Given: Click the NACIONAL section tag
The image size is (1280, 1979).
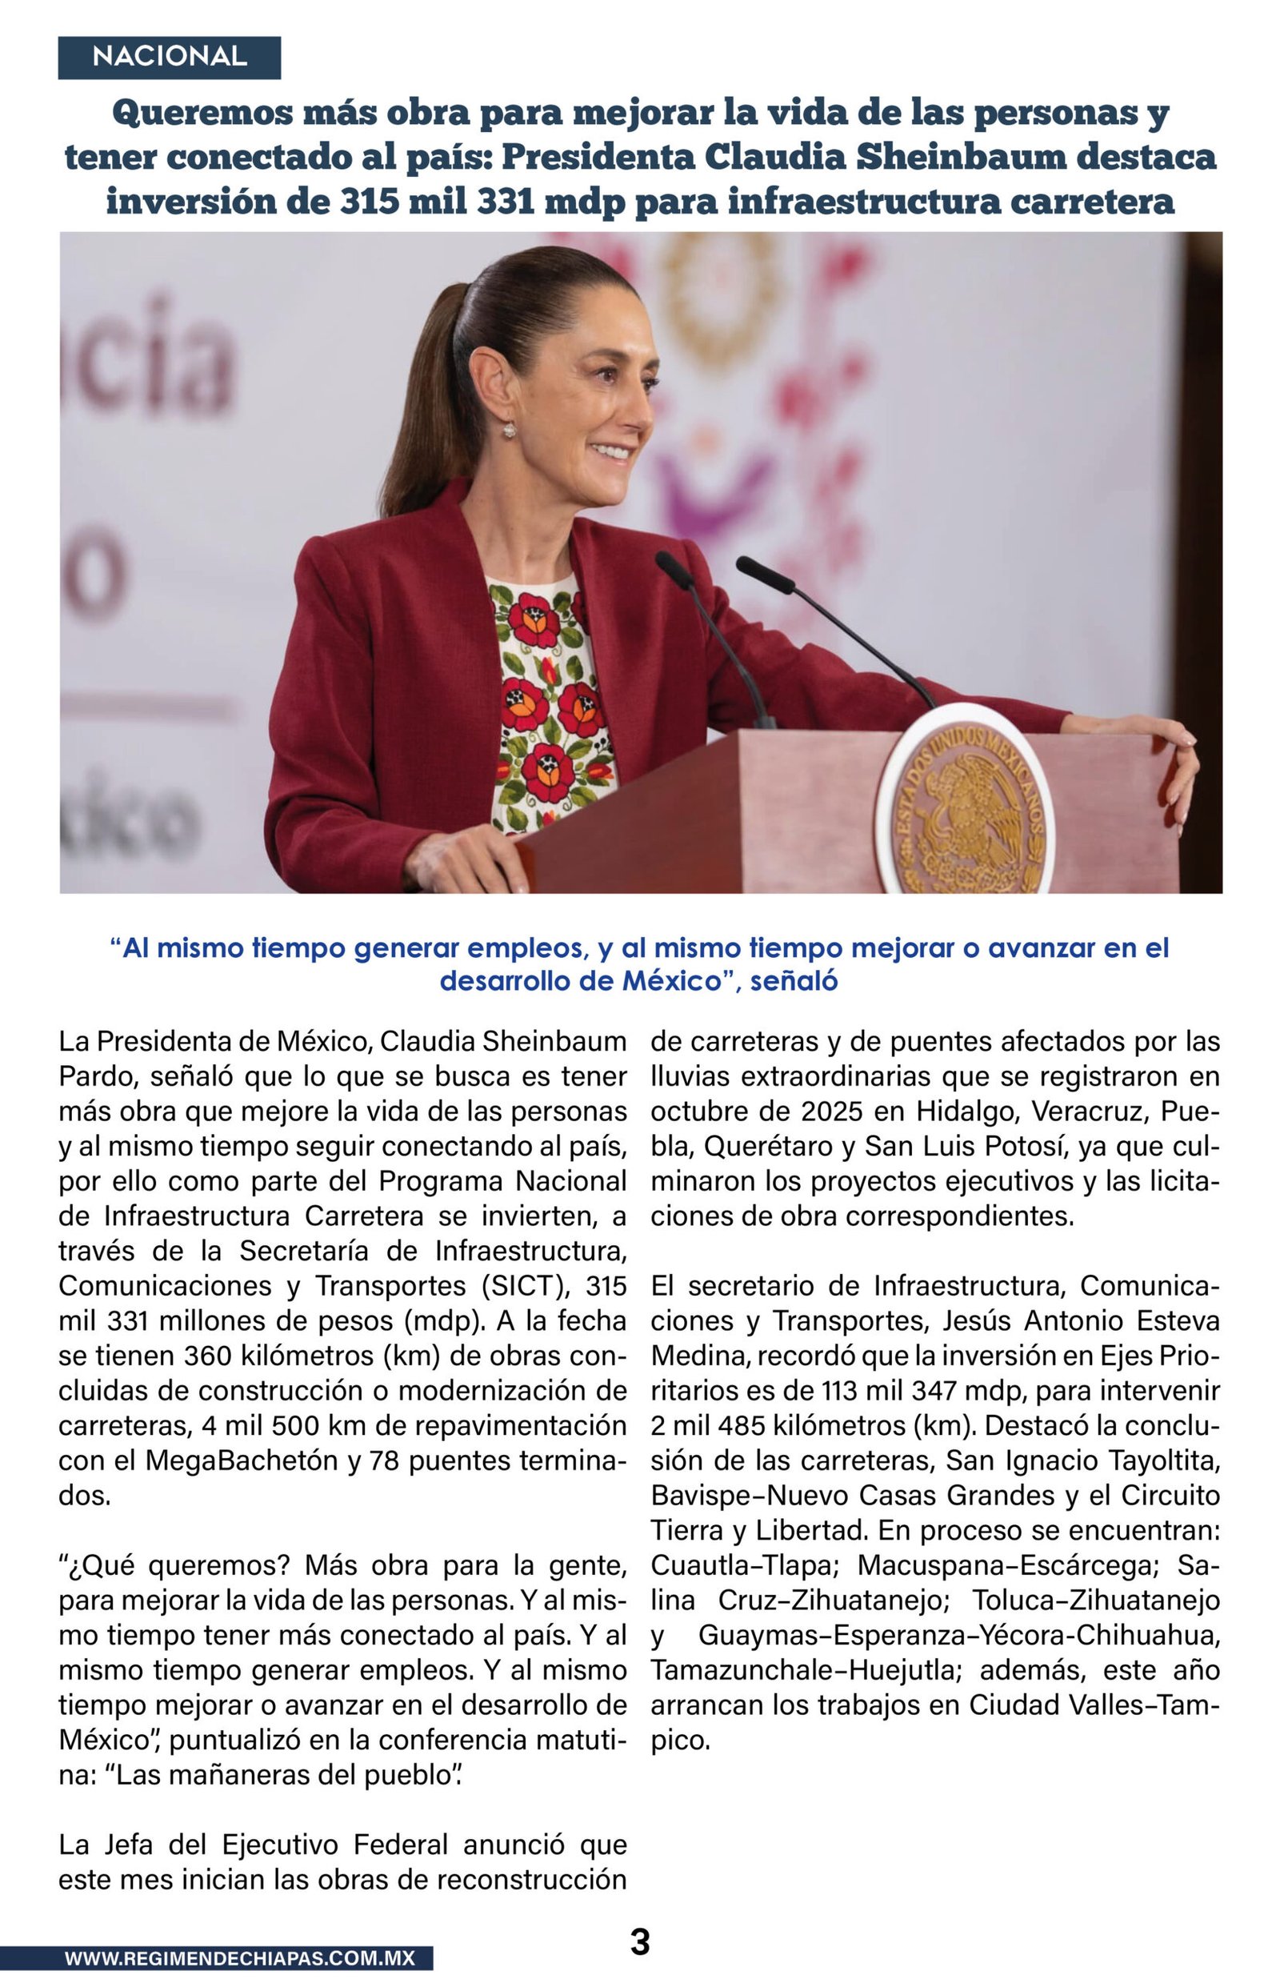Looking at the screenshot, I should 169,57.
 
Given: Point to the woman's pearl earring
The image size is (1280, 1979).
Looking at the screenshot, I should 508,430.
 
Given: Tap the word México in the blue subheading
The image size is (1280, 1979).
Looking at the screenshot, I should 670,981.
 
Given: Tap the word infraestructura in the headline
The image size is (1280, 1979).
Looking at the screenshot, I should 865,201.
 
